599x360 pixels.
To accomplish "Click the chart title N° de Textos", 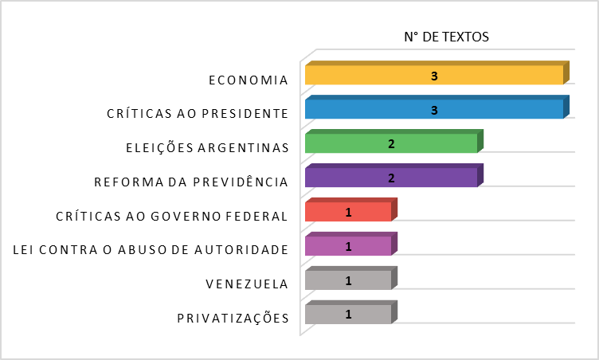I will [446, 37].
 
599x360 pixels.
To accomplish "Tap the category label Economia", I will [248, 80].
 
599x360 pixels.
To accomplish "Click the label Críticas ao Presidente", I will [197, 114].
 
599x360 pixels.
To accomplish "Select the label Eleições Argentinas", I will [206, 148].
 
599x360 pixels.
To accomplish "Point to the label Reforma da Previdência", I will [190, 182].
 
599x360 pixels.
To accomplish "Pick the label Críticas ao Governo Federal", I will [171, 216].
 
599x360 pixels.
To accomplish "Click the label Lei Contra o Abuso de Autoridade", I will [151, 250].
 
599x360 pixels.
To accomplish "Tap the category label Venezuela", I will [246, 284].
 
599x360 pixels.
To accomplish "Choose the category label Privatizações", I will [232, 319].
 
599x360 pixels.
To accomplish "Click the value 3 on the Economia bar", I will [434, 76].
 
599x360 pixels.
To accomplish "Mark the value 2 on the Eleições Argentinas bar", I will [391, 144].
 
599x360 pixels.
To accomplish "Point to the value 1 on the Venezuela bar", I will [348, 280].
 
